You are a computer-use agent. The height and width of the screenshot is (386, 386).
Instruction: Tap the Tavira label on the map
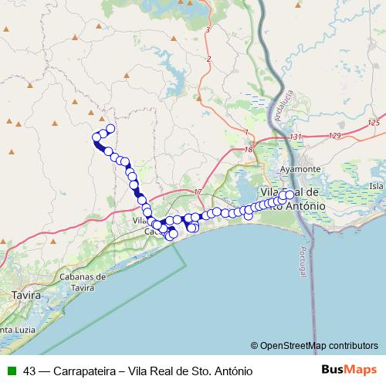(x=25, y=295)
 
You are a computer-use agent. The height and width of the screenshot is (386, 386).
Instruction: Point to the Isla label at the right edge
(x=376, y=186)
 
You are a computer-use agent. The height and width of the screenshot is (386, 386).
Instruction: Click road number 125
(x=374, y=123)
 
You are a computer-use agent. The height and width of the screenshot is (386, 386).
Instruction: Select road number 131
(x=296, y=137)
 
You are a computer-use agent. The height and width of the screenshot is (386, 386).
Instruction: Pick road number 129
(x=334, y=136)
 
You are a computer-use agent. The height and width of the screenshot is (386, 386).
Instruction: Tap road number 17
(x=198, y=191)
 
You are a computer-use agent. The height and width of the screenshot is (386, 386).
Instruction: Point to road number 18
(x=248, y=149)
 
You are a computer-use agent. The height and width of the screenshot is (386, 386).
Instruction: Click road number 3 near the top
(x=208, y=29)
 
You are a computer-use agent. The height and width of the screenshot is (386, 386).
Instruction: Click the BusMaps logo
(x=349, y=369)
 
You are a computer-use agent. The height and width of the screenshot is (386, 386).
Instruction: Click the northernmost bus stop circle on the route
(x=110, y=128)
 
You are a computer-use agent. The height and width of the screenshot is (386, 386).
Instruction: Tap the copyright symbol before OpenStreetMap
(x=254, y=347)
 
